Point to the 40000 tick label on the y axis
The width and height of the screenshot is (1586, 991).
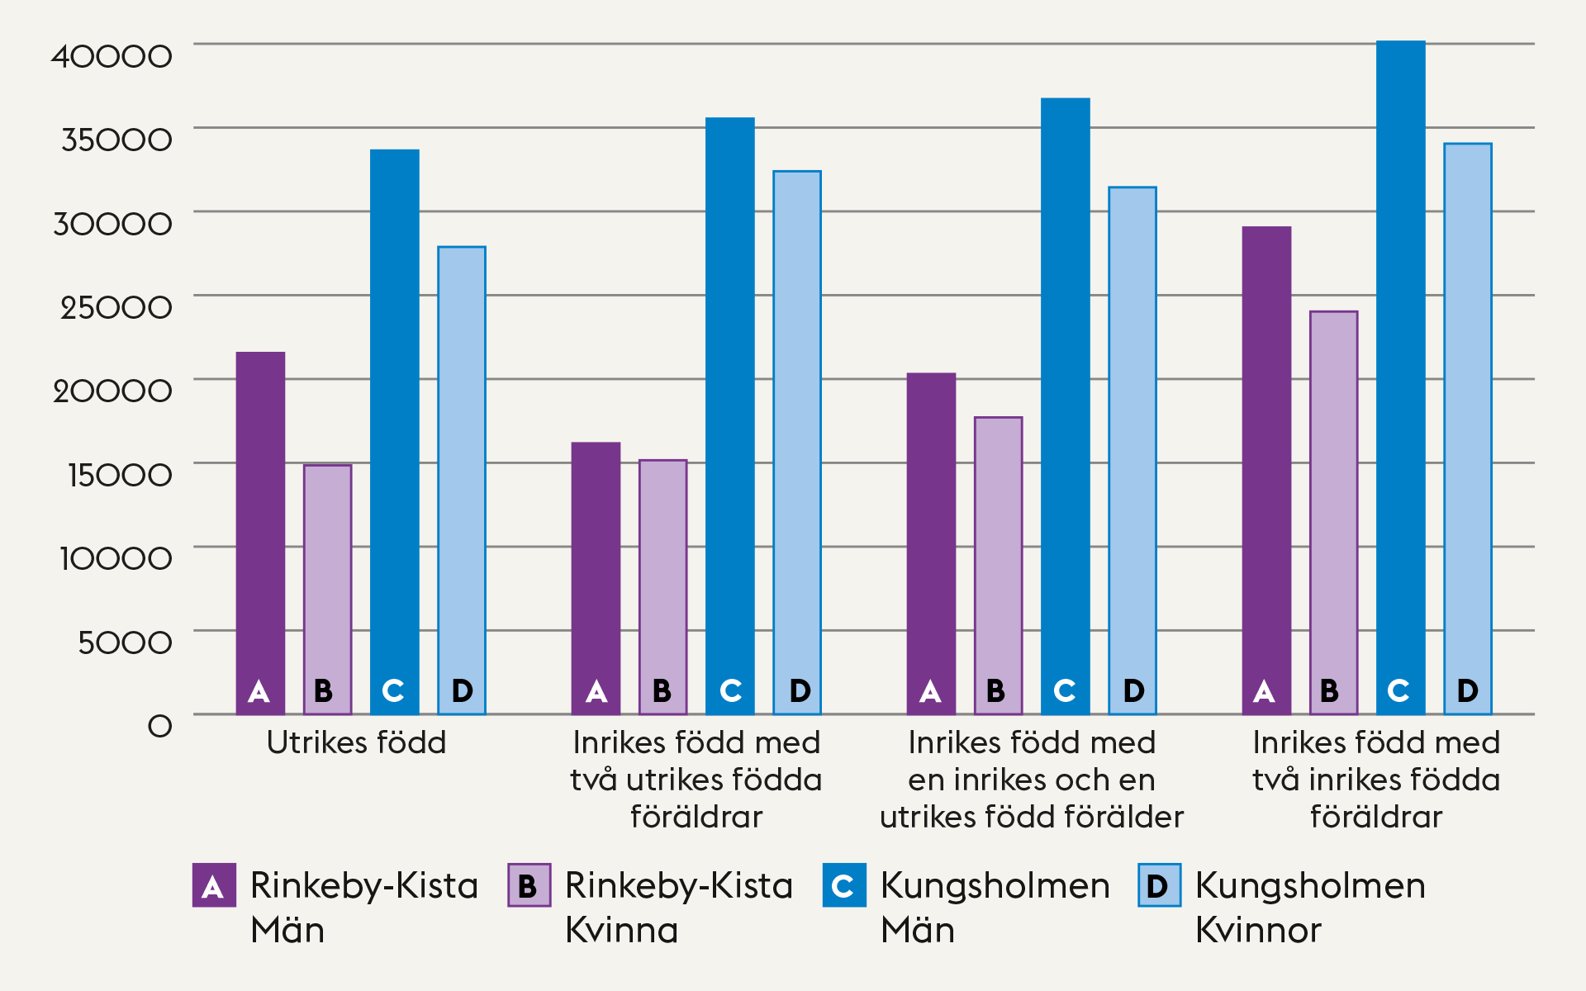112,56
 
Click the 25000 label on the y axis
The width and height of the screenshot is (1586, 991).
116,307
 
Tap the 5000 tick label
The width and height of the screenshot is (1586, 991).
125,642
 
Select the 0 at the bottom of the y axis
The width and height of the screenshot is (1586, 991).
159,727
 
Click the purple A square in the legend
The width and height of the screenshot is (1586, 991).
214,885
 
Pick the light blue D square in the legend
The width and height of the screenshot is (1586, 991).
1159,885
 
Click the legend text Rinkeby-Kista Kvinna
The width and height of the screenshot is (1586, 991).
678,907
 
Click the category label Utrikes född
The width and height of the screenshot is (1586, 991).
356,742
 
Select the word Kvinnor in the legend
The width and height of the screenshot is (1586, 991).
1258,931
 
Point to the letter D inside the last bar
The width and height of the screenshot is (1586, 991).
1467,690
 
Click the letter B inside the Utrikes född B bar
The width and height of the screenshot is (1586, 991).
323,690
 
